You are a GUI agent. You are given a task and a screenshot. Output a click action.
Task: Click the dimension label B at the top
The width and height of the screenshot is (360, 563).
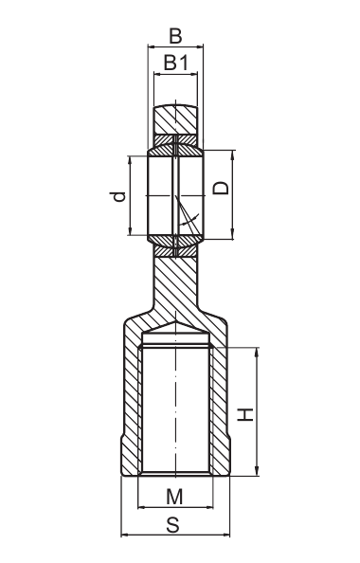pyautogui.click(x=175, y=36)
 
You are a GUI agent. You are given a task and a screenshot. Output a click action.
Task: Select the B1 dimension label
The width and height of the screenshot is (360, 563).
pyautogui.click(x=176, y=63)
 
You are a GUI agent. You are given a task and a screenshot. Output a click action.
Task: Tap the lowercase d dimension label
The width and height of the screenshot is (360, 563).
pyautogui.click(x=118, y=196)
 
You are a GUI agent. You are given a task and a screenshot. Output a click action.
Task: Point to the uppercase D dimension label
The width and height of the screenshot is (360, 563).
pyautogui.click(x=221, y=188)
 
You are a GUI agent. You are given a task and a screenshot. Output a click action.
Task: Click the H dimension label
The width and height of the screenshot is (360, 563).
pyautogui.click(x=246, y=415)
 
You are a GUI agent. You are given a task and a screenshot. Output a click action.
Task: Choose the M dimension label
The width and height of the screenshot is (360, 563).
pyautogui.click(x=175, y=497)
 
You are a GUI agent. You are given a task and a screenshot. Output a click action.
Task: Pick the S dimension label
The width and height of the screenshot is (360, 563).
pyautogui.click(x=173, y=525)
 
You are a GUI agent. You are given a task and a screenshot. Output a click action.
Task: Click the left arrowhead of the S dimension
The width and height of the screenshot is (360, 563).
pyautogui.click(x=124, y=535)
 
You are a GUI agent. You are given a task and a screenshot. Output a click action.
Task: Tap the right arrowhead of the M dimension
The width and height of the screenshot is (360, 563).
pyautogui.click(x=209, y=507)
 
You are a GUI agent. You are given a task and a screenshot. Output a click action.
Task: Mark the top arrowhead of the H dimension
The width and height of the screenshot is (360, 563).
pyautogui.click(x=257, y=352)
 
